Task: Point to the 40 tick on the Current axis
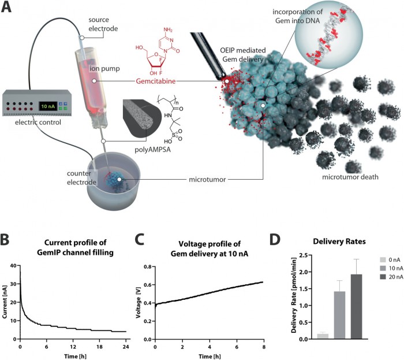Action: click(x=14, y=249)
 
